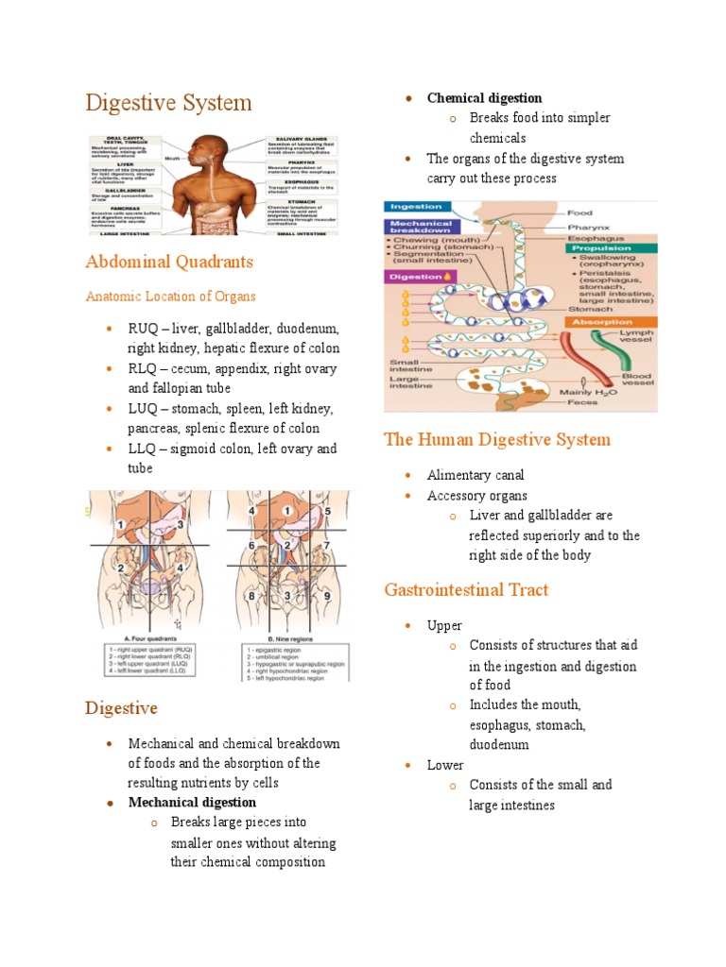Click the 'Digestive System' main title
click(x=168, y=102)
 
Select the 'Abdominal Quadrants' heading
click(x=169, y=261)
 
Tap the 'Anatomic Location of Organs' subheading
click(x=170, y=297)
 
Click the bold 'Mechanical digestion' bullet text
click(x=192, y=803)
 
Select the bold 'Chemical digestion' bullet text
click(x=484, y=98)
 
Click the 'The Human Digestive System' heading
click(x=496, y=439)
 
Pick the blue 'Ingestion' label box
click(x=416, y=207)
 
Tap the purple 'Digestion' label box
click(x=416, y=277)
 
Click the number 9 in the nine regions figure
click(x=329, y=596)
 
